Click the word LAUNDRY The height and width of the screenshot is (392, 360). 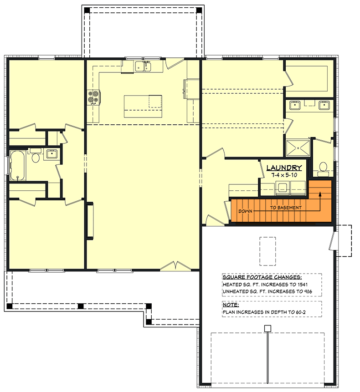[284, 168]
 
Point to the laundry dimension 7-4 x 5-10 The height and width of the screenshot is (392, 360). [284, 175]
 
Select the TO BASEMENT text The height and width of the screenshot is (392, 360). [286, 208]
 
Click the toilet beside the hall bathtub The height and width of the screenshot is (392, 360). [36, 158]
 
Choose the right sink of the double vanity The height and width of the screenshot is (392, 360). [325, 106]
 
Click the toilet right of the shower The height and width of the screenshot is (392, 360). [323, 168]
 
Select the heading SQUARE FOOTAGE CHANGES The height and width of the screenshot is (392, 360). [262, 277]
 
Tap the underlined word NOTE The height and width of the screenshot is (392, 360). [230, 304]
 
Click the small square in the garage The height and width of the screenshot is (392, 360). [268, 328]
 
